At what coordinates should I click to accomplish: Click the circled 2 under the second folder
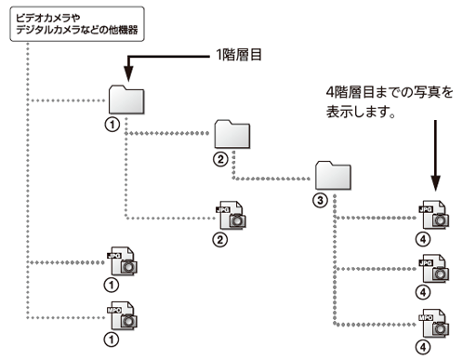pos(221,158)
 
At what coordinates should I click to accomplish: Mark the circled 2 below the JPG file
pos(220,239)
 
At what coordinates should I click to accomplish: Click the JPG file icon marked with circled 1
pos(122,260)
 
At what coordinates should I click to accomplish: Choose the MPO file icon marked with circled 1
pos(122,313)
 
